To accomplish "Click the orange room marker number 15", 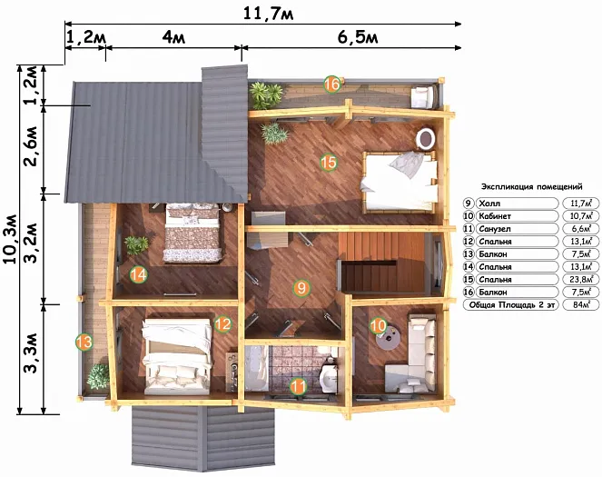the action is (329, 163).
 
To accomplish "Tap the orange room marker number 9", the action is (301, 288).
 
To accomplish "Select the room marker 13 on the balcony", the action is (84, 342).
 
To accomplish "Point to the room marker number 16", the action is (332, 84).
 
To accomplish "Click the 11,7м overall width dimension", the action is (269, 15).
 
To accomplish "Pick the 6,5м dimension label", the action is (358, 37).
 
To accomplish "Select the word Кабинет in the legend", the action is (495, 216).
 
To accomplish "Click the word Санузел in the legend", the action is (495, 229).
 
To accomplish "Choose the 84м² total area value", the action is (580, 305).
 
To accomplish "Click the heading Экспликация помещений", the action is (532, 186).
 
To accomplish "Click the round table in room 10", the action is (389, 338).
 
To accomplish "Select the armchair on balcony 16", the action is (423, 96).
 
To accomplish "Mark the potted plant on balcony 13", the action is (98, 376).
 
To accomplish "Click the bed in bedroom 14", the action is (192, 234).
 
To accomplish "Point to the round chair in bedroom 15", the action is (426, 138).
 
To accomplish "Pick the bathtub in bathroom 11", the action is (257, 368).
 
